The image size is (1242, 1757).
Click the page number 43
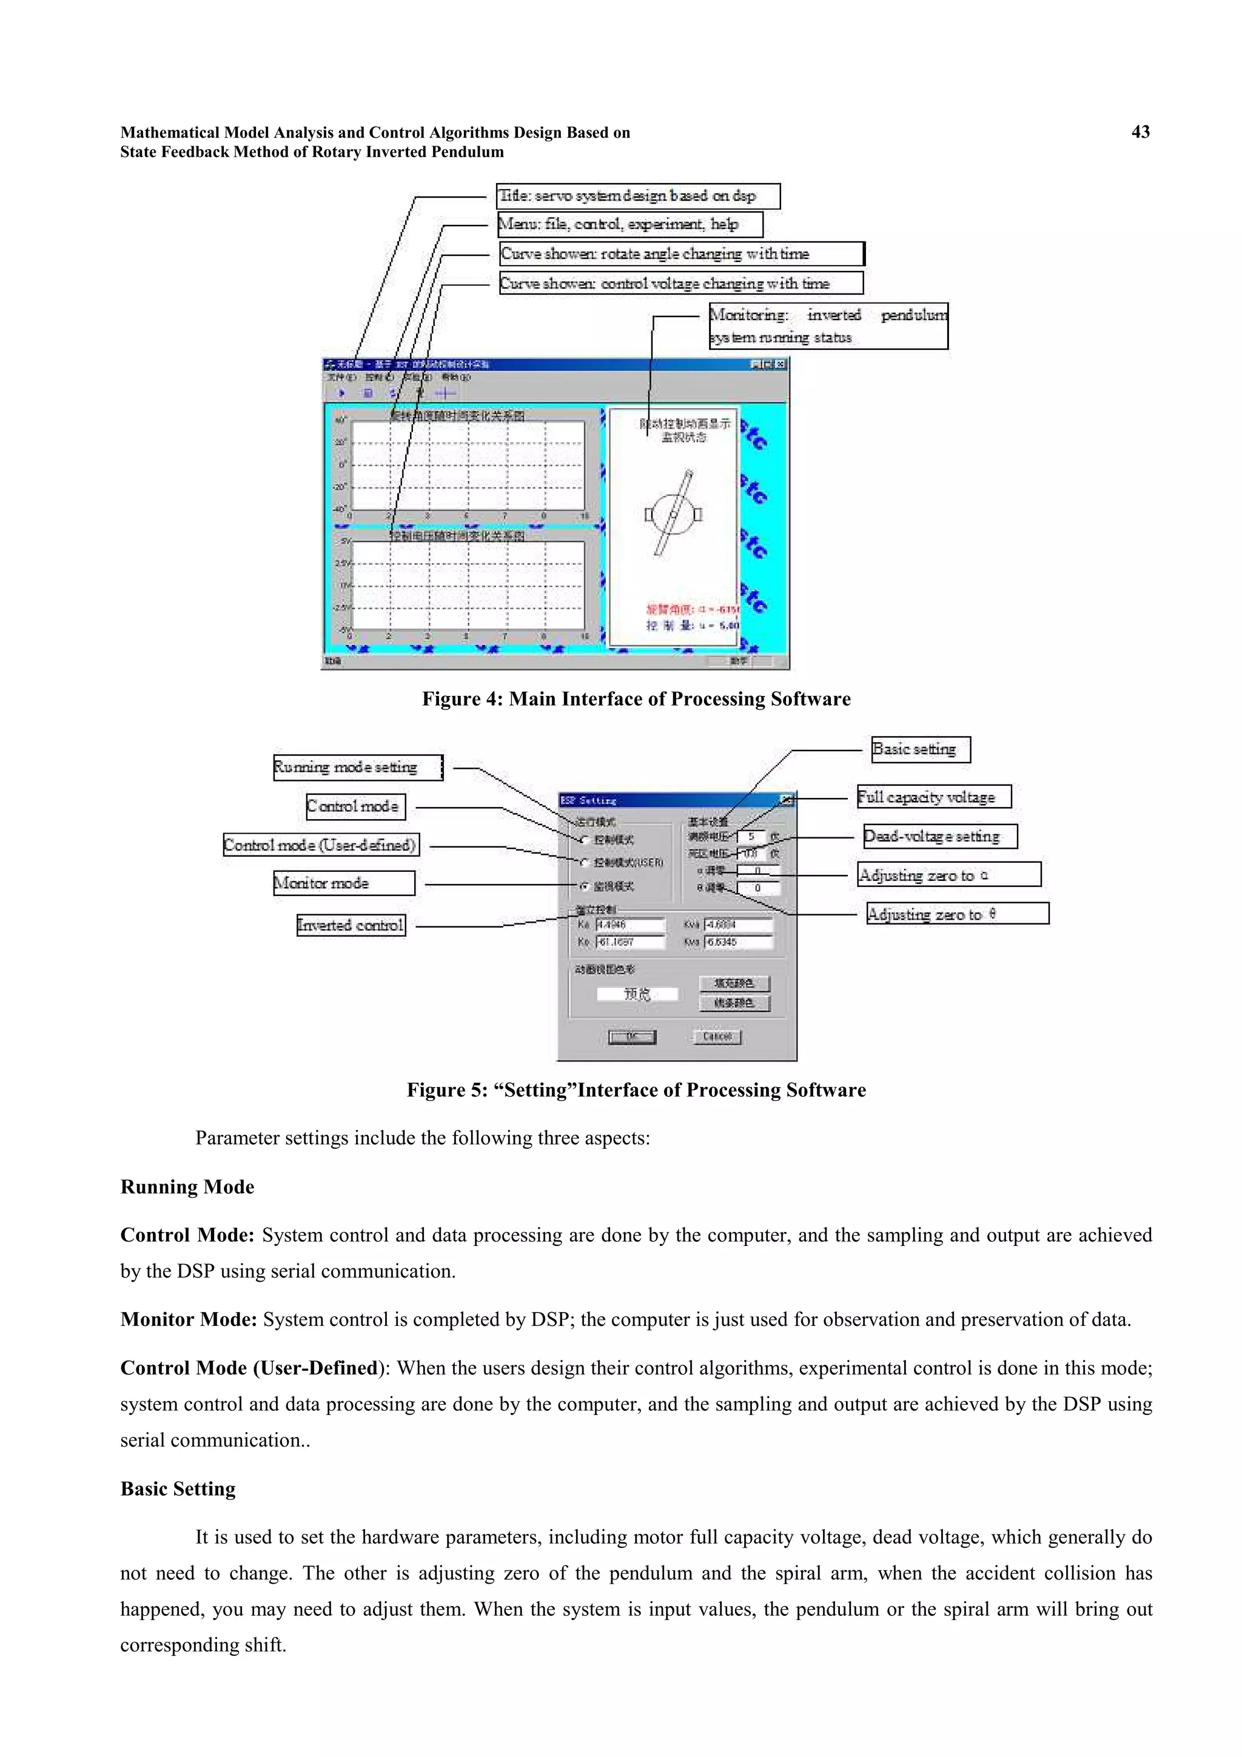point(1140,132)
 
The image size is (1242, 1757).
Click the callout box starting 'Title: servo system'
point(637,196)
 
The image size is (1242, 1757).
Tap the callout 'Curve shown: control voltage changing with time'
point(680,283)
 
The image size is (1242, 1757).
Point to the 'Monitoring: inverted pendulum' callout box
point(828,326)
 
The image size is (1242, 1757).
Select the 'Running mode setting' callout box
point(357,768)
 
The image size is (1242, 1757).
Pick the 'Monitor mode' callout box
point(344,883)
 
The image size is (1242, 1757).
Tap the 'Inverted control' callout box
point(351,925)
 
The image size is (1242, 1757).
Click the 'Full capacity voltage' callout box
point(933,797)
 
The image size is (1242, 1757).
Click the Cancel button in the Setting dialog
point(717,1037)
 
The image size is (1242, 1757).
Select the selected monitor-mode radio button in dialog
point(585,886)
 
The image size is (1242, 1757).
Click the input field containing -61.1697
point(629,942)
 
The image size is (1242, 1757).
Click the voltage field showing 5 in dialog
point(752,837)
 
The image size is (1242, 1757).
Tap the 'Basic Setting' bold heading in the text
point(178,1488)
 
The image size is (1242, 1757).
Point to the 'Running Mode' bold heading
point(187,1187)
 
